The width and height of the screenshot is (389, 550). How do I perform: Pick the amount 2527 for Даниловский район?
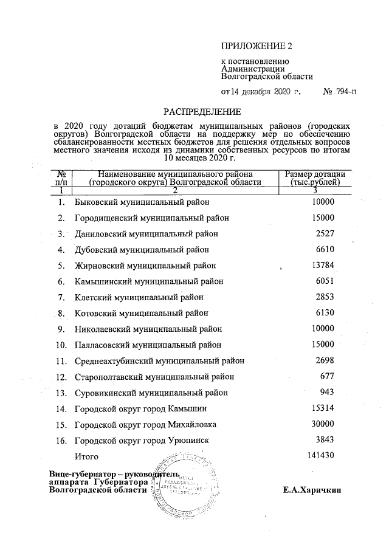tap(325, 233)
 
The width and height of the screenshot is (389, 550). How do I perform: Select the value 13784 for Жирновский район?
tap(322, 265)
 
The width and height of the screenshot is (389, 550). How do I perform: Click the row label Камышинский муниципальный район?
tap(149, 281)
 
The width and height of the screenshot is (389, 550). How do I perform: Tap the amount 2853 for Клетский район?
tap(325, 297)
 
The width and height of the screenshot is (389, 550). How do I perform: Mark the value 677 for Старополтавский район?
tap(328, 376)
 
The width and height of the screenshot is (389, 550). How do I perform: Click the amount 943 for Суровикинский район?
tap(328, 392)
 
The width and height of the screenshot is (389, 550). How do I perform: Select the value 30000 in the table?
tap(322, 424)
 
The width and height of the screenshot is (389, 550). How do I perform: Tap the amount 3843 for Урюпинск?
tap(325, 439)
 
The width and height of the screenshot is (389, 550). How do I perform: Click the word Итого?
tap(85, 456)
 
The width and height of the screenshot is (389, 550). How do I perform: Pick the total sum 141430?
tap(320, 455)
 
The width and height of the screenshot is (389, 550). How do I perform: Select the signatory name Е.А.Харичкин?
tap(312, 490)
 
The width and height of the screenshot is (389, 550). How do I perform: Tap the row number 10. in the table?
tap(61, 345)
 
